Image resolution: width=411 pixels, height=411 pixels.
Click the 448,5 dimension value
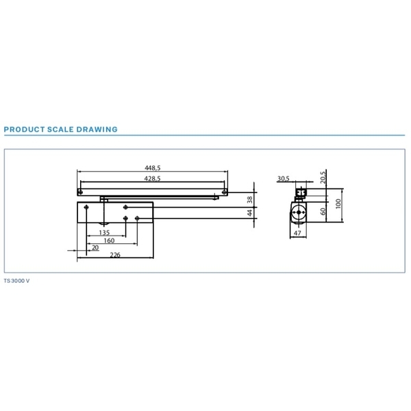[153, 168]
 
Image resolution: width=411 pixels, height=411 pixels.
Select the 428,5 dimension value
[152, 179]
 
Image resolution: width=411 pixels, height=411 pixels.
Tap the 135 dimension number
[104, 232]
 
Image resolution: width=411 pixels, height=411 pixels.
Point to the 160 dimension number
[109, 240]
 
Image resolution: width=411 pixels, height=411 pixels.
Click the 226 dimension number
[115, 255]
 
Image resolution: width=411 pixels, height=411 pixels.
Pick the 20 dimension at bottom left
[95, 247]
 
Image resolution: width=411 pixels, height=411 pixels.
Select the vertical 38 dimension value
[250, 200]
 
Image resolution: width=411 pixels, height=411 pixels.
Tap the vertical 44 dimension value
[250, 212]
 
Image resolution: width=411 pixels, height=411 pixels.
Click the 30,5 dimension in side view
[284, 179]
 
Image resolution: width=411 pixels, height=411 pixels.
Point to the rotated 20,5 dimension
[323, 177]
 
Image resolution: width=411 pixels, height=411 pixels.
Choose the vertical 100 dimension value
[338, 203]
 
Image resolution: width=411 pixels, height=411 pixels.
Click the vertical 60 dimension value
[323, 212]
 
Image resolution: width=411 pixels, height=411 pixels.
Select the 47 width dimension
[297, 233]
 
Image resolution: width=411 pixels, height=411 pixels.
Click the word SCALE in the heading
[60, 129]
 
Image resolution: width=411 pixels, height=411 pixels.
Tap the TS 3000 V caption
[16, 281]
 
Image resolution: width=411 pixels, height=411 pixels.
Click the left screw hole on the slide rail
[80, 192]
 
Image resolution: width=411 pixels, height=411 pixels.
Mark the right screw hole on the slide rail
[224, 192]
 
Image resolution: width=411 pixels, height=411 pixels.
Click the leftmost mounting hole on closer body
[86, 208]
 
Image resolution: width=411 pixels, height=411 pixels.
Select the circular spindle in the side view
[299, 212]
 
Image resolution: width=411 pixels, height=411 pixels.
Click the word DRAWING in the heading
[97, 129]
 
